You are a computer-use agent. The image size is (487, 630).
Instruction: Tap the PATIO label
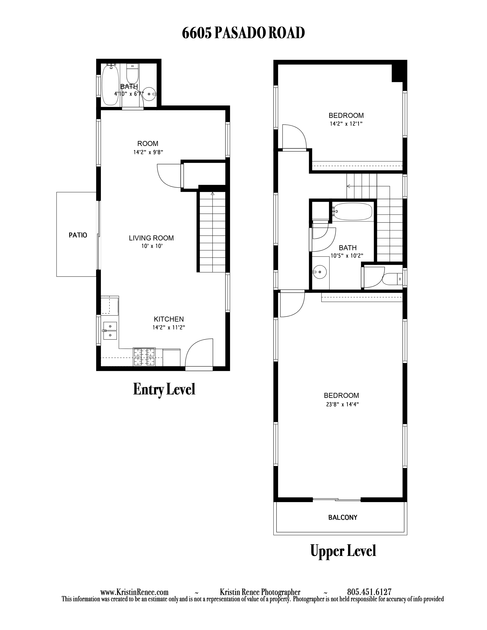pos(78,235)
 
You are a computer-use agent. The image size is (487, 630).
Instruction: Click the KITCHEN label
pos(169,319)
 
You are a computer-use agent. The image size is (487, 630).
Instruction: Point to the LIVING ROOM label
pos(151,238)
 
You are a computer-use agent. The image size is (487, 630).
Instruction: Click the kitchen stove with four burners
pos(144,357)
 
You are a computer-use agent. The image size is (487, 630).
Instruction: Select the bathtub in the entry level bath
pos(110,85)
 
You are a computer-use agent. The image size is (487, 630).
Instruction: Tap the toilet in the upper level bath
pos(392,279)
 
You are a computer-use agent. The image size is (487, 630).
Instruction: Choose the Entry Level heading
pos(164,389)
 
